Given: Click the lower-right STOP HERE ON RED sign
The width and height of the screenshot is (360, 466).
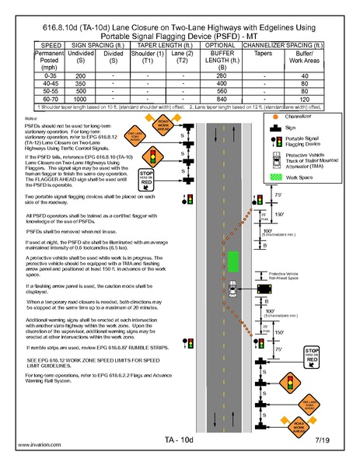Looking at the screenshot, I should click(x=312, y=356).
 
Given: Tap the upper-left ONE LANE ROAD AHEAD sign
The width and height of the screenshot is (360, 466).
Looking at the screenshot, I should click(x=135, y=137).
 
